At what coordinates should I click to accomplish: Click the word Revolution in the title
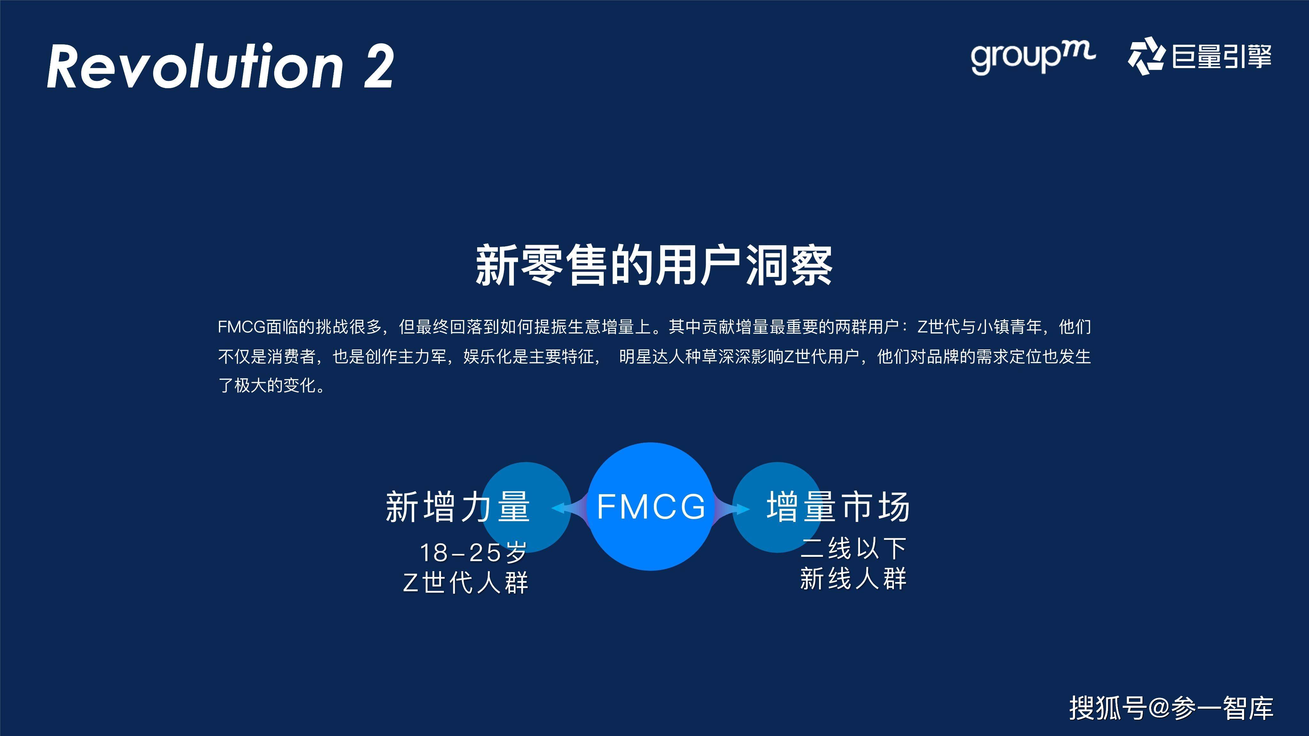click(196, 66)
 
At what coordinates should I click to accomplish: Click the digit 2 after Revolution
click(379, 66)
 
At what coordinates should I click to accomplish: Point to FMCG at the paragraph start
click(241, 326)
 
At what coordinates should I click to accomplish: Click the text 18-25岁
click(473, 552)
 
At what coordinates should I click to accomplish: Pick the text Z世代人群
click(465, 582)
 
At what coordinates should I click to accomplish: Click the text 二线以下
click(854, 548)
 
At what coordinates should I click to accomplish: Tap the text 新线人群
click(854, 579)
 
